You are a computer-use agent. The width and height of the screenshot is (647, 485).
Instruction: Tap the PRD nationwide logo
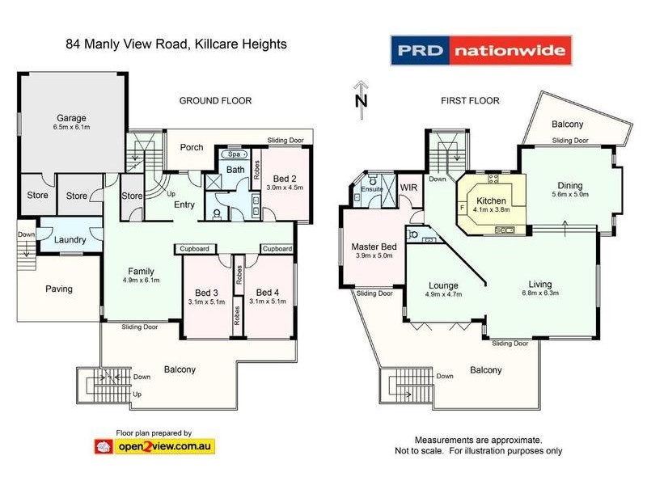tap(481, 50)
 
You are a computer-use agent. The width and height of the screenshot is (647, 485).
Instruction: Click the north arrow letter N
tap(362, 101)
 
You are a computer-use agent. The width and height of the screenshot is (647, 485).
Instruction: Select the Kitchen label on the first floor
tap(491, 201)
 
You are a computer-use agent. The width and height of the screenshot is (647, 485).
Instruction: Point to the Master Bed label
tap(373, 247)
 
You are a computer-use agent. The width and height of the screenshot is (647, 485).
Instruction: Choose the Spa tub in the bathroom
tap(235, 154)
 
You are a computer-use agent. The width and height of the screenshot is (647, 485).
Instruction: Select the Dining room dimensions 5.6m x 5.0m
tap(570, 194)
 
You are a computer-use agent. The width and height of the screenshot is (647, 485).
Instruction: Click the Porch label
tap(192, 148)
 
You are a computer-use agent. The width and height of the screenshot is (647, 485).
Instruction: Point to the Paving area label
tap(58, 289)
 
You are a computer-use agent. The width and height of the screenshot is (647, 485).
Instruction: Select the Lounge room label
tap(443, 285)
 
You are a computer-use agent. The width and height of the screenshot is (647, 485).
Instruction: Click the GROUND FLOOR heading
tap(215, 101)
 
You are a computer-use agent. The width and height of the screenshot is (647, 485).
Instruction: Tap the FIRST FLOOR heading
tap(470, 101)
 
